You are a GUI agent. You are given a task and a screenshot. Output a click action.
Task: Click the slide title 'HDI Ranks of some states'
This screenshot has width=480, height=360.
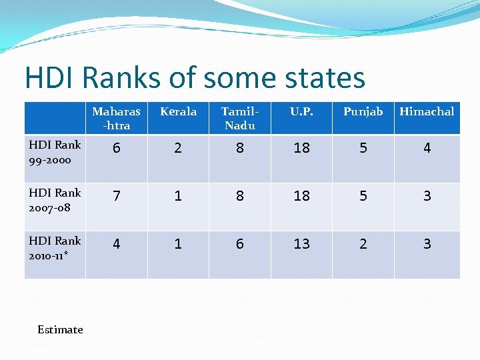pos(195,78)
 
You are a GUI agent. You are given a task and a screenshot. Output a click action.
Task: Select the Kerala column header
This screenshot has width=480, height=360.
pos(178,112)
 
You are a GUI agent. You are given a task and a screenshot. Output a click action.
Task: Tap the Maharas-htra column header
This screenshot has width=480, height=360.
pos(116,118)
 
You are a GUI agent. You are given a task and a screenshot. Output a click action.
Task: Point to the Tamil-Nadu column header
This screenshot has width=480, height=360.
pos(239,118)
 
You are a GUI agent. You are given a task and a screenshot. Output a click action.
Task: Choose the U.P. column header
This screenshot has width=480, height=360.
pos(301,112)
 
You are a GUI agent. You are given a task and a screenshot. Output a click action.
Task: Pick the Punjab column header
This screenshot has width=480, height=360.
pos(363,112)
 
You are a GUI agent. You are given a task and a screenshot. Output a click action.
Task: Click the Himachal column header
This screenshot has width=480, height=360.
pos(427,112)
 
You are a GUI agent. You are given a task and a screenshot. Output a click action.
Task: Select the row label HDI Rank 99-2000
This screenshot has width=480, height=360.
pos(55,153)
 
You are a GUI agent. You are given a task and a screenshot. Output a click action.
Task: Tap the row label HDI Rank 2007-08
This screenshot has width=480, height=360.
pos(55,201)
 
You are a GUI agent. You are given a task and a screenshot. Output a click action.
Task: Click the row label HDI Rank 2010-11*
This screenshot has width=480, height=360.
pos(55,249)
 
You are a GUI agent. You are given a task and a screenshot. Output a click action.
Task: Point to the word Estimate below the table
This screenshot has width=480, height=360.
pos(60,329)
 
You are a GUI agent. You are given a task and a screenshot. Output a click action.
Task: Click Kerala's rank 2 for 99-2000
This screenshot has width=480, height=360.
pos(178,149)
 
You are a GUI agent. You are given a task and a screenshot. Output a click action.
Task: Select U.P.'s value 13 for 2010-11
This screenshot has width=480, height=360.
pos(301,245)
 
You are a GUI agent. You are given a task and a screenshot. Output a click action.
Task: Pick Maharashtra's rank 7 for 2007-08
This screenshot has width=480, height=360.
pos(116,197)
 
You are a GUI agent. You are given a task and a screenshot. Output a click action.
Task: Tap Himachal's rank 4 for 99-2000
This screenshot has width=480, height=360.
pos(427,149)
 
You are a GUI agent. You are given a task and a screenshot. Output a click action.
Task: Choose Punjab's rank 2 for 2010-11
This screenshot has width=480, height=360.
pos(363,245)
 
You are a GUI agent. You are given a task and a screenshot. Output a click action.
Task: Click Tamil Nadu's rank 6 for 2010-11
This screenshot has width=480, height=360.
pos(239,245)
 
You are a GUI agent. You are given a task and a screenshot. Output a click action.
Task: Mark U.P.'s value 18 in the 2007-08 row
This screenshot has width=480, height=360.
pos(301,197)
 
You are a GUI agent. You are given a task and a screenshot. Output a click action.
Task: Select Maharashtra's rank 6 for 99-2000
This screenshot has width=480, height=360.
pos(116,149)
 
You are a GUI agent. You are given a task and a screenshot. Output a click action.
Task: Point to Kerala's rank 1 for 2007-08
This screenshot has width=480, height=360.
pos(178,197)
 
